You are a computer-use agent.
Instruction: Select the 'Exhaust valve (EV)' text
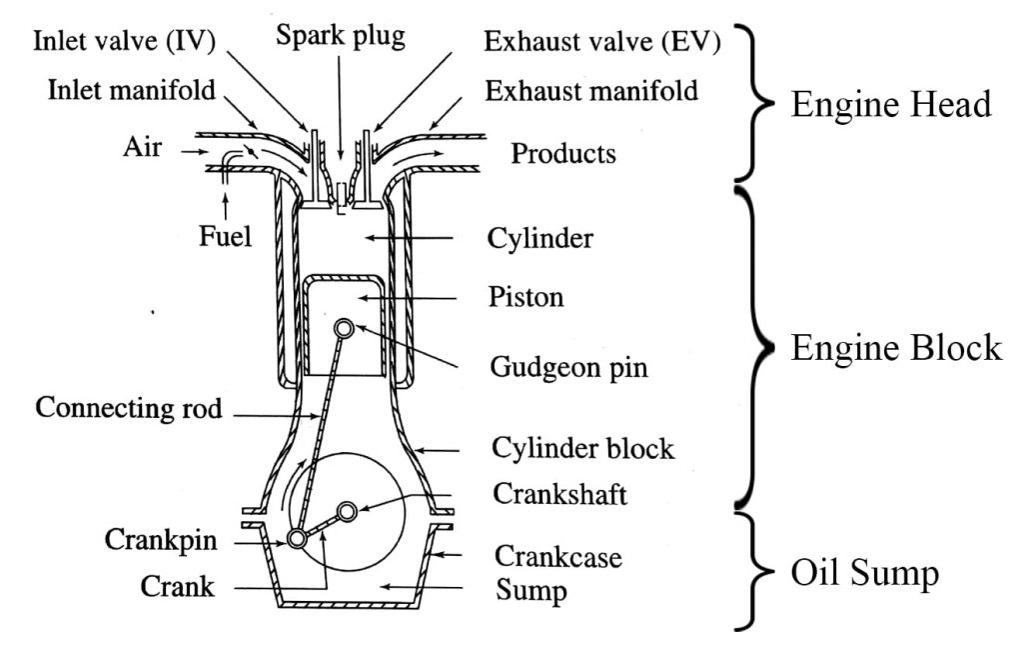tap(602, 42)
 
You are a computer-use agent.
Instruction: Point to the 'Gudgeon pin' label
tap(569, 367)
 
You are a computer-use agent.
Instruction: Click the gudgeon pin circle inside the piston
tap(344, 328)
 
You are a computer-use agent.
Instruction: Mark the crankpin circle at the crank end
tap(297, 539)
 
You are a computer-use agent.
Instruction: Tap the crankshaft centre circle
tap(347, 512)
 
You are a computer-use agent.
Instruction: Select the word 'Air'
tap(144, 148)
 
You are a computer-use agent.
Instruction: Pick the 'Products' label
tap(563, 154)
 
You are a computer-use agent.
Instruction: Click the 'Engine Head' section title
tap(891, 105)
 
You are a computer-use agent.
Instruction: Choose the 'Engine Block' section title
tap(895, 347)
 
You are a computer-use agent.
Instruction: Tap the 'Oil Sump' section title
tap(864, 574)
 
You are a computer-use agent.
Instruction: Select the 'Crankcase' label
tap(558, 556)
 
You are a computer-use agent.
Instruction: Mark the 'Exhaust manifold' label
tap(591, 92)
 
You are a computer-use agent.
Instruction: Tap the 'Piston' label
tap(526, 298)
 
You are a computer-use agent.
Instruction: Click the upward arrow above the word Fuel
tap(229, 206)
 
